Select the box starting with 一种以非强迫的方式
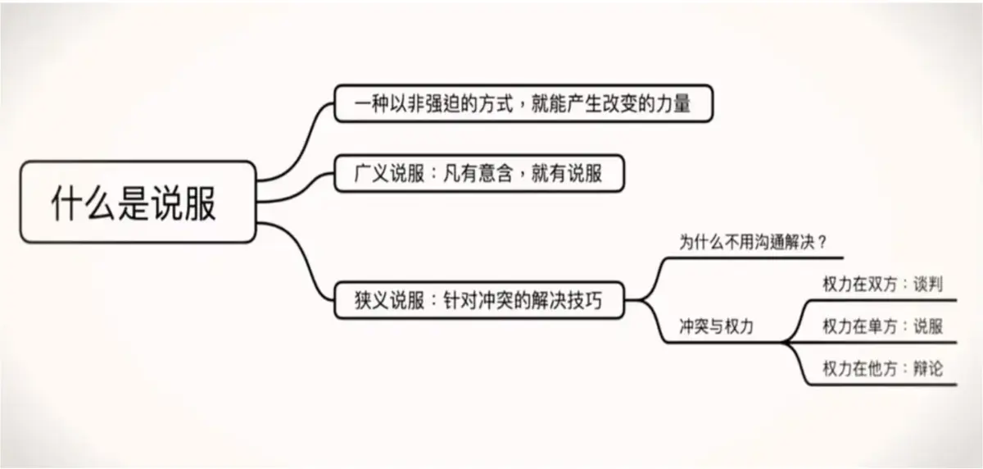tap(523, 104)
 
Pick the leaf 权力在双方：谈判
tap(882, 285)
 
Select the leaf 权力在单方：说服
tap(882, 326)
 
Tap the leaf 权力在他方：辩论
tap(882, 369)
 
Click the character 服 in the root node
tap(199, 202)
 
